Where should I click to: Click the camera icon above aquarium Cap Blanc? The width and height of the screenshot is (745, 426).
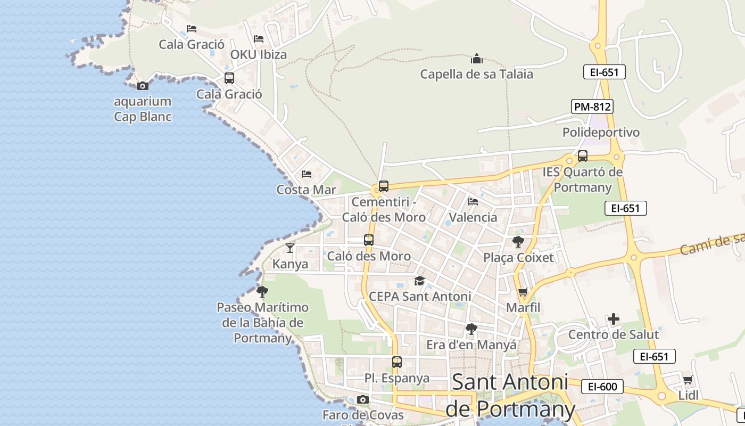pos(142,85)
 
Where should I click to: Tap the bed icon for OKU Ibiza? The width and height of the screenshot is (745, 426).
pos(259,39)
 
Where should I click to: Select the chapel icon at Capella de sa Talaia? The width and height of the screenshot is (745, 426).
pos(476,58)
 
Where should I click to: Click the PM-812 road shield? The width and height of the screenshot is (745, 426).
pos(592,106)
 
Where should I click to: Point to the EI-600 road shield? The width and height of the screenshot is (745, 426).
pos(602,387)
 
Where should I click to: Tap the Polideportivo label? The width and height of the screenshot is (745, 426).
pos(601,132)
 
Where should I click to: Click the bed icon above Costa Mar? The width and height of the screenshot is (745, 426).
pos(307,174)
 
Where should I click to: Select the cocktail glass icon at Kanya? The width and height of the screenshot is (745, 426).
pos(290,248)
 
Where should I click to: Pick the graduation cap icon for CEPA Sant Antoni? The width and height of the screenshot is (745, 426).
pos(420,281)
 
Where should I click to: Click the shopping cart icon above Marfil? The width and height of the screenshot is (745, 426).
pos(523,292)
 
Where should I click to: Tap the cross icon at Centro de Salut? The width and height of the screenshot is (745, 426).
pos(614,319)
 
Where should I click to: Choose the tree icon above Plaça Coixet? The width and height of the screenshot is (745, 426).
pos(518,242)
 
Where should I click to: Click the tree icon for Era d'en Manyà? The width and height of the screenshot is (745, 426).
pos(471,329)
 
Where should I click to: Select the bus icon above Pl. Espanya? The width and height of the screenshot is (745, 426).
pos(397,362)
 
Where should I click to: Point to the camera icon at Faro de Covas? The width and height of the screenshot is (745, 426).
pos(363,399)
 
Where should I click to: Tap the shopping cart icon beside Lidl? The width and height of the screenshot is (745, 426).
pos(688,380)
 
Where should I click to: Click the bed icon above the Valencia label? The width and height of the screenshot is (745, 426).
pos(473,202)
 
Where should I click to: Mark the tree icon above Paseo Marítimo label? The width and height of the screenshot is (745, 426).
pos(262,291)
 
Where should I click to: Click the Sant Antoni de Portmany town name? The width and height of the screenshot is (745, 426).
pos(510,395)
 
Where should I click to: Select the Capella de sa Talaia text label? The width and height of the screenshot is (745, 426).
pos(476,74)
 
